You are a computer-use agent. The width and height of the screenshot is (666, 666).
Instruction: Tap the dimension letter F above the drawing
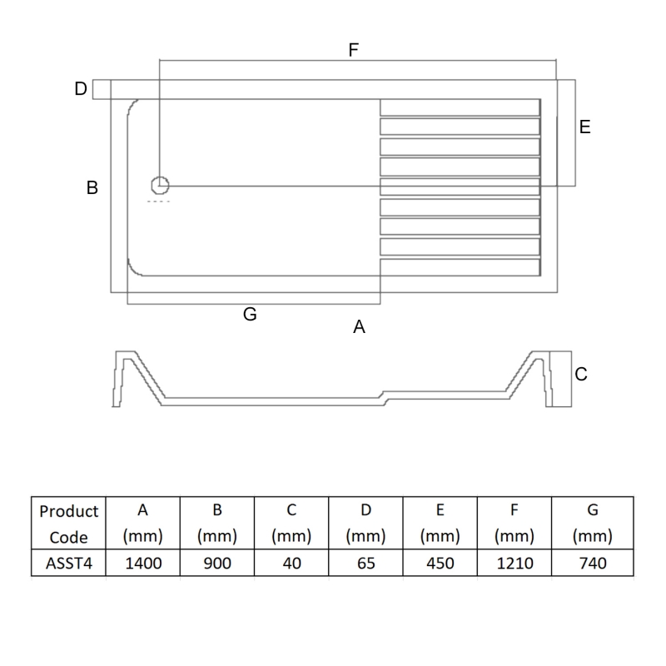[x=353, y=50]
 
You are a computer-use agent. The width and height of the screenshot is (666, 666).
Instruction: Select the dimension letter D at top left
[x=81, y=88]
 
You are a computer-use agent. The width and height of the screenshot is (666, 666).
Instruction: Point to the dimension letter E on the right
[x=584, y=127]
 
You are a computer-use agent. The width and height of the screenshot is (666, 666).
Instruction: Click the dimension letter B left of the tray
[x=92, y=188]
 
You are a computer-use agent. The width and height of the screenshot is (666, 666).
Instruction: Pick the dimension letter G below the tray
[x=250, y=315]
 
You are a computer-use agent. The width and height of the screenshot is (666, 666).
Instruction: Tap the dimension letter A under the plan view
[x=359, y=327]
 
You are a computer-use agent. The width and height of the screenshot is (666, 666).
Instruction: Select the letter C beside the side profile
[x=581, y=375]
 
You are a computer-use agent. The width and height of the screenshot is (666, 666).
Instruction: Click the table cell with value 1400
[x=143, y=564]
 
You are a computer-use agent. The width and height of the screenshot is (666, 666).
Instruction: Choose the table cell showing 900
[x=217, y=564]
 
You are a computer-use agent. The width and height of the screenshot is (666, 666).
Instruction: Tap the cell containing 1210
[x=514, y=564]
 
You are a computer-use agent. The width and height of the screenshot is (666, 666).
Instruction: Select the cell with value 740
[x=592, y=564]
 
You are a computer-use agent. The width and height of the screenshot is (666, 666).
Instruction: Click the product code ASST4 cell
[x=68, y=564]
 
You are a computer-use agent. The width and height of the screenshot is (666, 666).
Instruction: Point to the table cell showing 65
[x=365, y=564]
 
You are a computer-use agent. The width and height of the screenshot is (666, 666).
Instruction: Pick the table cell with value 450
[x=440, y=564]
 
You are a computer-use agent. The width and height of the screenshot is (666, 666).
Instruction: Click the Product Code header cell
[x=68, y=524]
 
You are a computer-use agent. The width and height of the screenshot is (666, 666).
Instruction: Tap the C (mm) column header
[x=291, y=524]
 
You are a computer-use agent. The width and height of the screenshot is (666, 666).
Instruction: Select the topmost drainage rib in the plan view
[x=459, y=107]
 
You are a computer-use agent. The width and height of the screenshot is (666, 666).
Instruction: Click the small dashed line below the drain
[x=158, y=202]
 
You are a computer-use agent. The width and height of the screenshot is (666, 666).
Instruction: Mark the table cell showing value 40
[x=291, y=564]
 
